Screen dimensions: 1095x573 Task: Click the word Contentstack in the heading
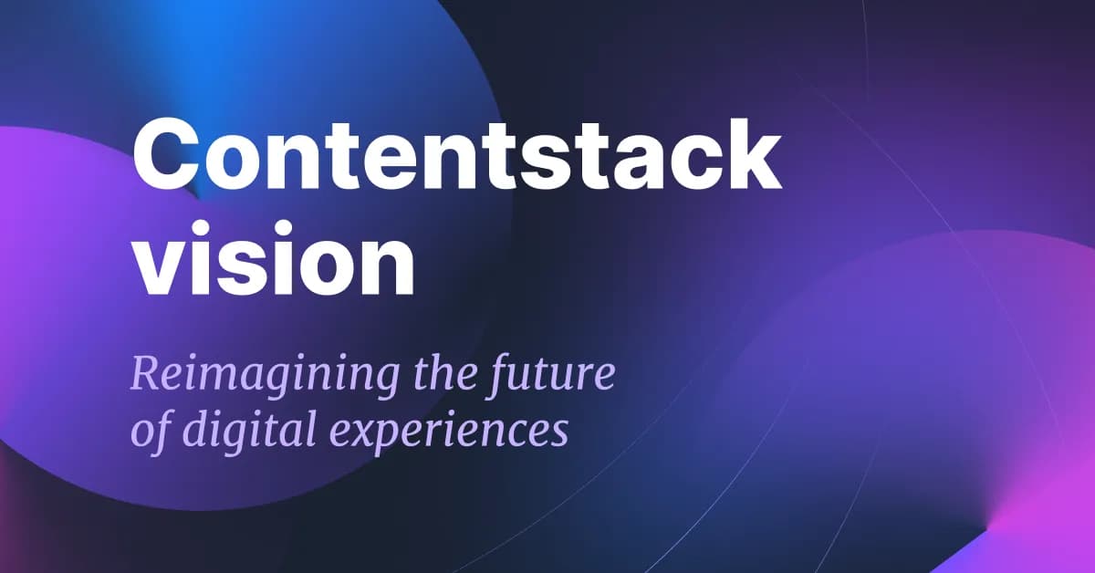tap(457, 154)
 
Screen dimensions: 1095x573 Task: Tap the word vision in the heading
tap(275, 257)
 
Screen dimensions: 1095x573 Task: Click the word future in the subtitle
tap(550, 375)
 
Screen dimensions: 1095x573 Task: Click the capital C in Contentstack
tap(166, 154)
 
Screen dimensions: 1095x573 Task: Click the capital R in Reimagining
tap(147, 373)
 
